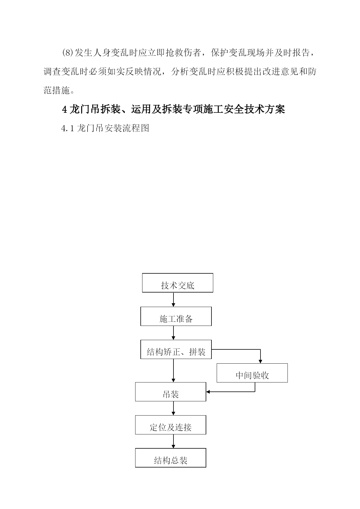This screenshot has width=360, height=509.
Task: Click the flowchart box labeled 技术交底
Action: pyautogui.click(x=178, y=283)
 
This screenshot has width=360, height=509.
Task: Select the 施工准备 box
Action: pyautogui.click(x=176, y=316)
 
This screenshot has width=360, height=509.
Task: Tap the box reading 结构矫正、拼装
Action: pyautogui.click(x=176, y=349)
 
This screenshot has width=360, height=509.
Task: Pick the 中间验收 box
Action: pyautogui.click(x=252, y=373)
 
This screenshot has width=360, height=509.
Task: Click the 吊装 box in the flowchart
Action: pyautogui.click(x=171, y=392)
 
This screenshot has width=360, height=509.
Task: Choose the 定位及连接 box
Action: pyautogui.click(x=171, y=425)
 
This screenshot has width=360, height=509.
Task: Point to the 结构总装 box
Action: pyautogui.click(x=171, y=458)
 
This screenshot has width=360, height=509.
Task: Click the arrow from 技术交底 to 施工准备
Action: pyautogui.click(x=173, y=299)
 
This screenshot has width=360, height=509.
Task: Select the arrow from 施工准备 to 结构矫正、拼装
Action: pyautogui.click(x=173, y=333)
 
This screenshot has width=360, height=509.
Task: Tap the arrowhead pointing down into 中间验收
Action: pyautogui.click(x=260, y=362)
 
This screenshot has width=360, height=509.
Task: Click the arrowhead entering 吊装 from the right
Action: pyautogui.click(x=208, y=392)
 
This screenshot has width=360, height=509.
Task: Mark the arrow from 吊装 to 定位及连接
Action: pyautogui.click(x=173, y=408)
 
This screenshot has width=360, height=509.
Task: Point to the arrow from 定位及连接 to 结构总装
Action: pyautogui.click(x=173, y=441)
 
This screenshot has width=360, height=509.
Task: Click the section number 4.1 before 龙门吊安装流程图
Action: pyautogui.click(x=68, y=128)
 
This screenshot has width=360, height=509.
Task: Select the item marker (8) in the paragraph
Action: pyautogui.click(x=68, y=53)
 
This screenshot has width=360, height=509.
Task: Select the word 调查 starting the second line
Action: pyautogui.click(x=53, y=72)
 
